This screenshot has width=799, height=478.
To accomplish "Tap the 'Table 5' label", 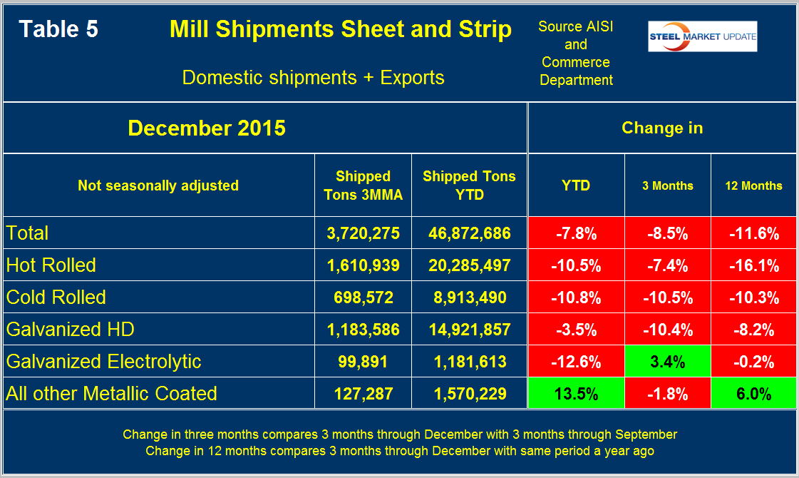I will coord(58,29).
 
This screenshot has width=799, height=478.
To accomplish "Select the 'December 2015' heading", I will coord(207,128).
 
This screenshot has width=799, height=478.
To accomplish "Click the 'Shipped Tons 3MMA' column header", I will coord(364,185).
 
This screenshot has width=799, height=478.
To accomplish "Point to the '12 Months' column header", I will coord(753,185).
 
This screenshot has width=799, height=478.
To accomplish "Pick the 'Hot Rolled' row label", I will coord(51,265).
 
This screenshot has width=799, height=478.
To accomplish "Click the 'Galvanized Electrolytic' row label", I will coord(103,361).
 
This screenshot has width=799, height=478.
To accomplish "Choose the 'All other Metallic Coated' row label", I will coord(111,393).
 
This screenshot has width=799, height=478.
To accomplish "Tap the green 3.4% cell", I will coord(668,362).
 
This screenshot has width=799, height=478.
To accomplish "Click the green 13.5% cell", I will coord(577,394).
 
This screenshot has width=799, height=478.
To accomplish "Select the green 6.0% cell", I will coord(753,394).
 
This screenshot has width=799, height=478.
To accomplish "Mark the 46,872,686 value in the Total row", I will coord(469,233).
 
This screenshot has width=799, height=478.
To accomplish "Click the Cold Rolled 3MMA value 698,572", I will coord(364,298).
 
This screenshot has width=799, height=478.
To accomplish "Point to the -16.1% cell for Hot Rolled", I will coord(753,265).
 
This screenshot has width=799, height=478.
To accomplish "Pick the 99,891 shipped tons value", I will coord(364,362).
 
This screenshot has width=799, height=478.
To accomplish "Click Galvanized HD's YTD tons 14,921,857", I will coord(469,330).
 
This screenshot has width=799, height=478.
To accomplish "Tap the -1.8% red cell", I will coord(668,394).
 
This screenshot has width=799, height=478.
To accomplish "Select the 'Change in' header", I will coord(662,128).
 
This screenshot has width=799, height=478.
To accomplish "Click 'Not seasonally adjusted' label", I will coord(158,185).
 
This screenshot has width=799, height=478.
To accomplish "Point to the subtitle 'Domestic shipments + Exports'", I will coord(314,77).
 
